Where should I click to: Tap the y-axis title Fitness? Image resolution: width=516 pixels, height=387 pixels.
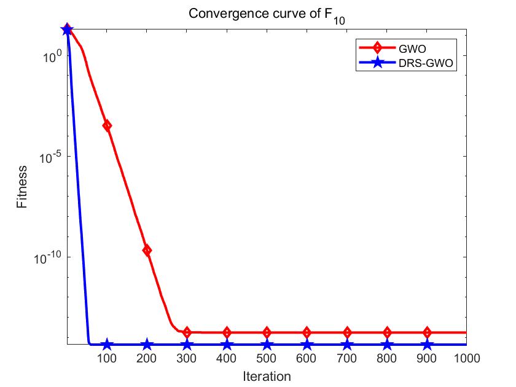pos(22,187)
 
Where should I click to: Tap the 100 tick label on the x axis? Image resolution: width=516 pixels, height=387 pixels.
pos(107,357)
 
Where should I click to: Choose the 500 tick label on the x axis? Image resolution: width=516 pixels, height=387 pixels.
pos(267,357)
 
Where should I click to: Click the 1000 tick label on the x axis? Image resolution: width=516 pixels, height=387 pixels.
pos(466,357)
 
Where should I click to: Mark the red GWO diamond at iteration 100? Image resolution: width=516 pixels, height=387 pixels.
pos(107,125)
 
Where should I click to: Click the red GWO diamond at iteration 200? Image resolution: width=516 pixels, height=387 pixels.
pos(147,250)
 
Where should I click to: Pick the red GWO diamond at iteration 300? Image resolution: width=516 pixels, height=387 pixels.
pos(187,332)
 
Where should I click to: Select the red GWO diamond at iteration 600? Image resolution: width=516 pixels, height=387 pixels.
pos(307,332)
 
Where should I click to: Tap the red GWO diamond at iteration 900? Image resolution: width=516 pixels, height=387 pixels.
pos(427,332)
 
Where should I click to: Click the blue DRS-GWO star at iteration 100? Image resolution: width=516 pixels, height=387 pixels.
pos(107,345)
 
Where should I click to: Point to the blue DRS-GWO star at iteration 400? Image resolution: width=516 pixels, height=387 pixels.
pos(227,345)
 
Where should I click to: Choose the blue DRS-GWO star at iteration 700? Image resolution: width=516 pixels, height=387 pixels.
pos(347,345)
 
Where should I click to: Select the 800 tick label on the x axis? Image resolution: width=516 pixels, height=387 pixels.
pos(387,357)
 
